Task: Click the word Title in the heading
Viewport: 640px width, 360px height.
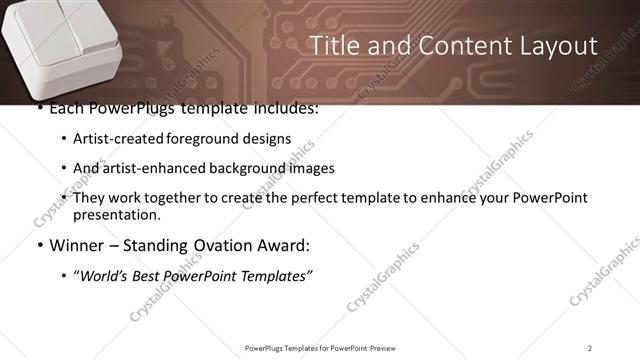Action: pos(332,46)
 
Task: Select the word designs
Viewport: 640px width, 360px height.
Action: pos(266,139)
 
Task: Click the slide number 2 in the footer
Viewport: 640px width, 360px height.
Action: pos(589,347)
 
